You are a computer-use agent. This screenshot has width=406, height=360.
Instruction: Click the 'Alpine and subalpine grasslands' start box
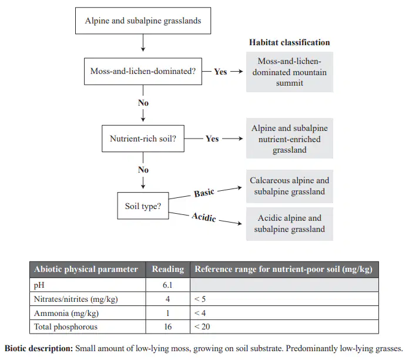point(143,21)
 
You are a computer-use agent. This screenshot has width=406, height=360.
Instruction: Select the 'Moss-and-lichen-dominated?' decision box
point(143,72)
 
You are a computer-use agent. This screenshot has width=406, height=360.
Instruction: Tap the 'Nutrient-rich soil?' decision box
point(143,139)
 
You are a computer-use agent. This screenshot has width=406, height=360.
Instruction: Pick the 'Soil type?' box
point(143,206)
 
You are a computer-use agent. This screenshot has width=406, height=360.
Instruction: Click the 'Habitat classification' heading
point(290,42)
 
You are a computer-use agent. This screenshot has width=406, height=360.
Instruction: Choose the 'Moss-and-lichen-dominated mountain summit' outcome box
point(290,72)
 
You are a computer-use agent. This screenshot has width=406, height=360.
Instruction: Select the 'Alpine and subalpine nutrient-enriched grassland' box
point(290,139)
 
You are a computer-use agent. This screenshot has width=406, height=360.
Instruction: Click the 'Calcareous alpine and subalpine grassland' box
point(290,186)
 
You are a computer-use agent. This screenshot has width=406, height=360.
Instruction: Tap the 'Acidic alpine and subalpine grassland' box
point(290,224)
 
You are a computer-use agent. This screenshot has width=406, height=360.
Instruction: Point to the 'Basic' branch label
point(204,193)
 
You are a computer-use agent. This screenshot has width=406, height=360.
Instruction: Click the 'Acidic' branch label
point(204,217)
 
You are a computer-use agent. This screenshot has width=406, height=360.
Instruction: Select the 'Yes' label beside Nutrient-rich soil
point(212,139)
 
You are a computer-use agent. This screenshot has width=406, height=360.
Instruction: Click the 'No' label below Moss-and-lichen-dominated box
point(143,103)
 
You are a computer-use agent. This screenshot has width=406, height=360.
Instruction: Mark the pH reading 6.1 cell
point(168,285)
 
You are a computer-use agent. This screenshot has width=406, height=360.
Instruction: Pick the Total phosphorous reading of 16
point(168,327)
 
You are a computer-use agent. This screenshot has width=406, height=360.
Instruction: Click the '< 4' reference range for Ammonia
point(200,313)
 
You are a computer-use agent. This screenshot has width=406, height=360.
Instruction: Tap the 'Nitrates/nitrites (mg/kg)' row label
point(76,299)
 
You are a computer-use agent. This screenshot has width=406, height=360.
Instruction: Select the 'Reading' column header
point(168,270)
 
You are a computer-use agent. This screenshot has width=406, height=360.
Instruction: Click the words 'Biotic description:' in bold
point(39,348)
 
